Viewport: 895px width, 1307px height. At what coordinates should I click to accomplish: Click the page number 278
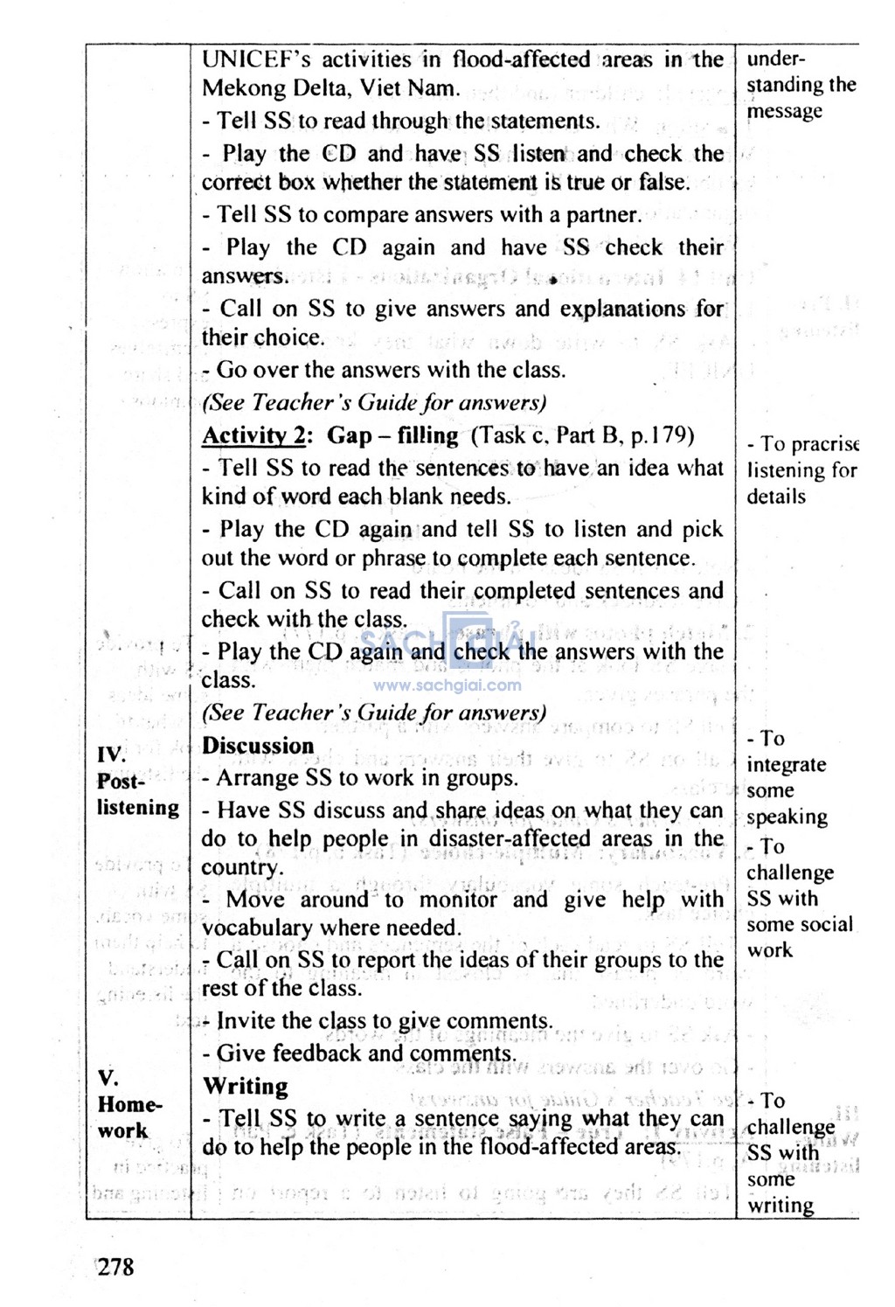pos(116,1267)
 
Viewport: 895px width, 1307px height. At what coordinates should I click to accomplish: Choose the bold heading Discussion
pos(258,746)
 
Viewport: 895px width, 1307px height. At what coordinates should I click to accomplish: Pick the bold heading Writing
pos(246,1087)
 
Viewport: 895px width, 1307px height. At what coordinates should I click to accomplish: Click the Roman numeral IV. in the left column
pos(111,754)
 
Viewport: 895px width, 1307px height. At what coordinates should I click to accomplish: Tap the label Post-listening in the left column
pos(137,794)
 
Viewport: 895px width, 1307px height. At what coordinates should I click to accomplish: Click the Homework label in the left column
pos(129,1117)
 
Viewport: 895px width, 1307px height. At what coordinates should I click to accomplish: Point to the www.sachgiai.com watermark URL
pos(447,686)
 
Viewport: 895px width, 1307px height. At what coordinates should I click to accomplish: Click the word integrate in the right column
pos(786,765)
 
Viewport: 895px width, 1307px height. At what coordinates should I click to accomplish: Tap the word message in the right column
pos(784,112)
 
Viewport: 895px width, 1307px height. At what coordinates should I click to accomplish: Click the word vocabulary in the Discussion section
pos(257,928)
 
